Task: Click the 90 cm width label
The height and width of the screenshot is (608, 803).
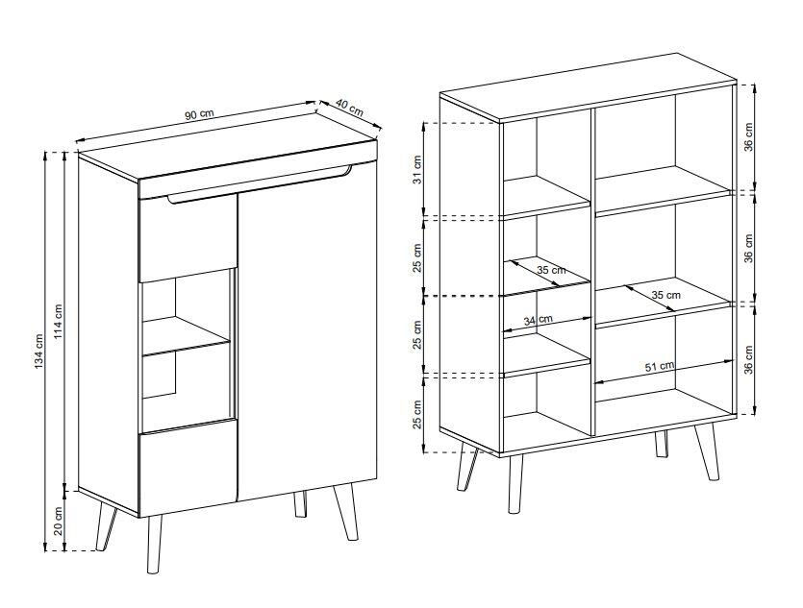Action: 199,114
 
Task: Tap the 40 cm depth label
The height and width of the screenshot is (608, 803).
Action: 350,108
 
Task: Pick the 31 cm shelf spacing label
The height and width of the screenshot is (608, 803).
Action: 417,171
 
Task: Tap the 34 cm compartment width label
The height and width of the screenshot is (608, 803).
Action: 539,321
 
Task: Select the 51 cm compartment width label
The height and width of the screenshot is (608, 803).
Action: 660,366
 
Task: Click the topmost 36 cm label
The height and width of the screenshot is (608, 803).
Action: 749,137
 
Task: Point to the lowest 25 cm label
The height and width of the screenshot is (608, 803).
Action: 417,414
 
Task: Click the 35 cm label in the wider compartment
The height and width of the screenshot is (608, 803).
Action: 666,295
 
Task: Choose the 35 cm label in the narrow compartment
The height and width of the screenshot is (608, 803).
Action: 552,270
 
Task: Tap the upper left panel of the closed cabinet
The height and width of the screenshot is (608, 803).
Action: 188,236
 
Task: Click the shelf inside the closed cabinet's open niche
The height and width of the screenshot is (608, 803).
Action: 186,335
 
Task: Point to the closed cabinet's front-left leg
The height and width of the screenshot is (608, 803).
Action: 153,544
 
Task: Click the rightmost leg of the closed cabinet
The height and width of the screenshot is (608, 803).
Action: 345,512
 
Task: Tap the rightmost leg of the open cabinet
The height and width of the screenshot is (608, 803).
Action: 707,452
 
